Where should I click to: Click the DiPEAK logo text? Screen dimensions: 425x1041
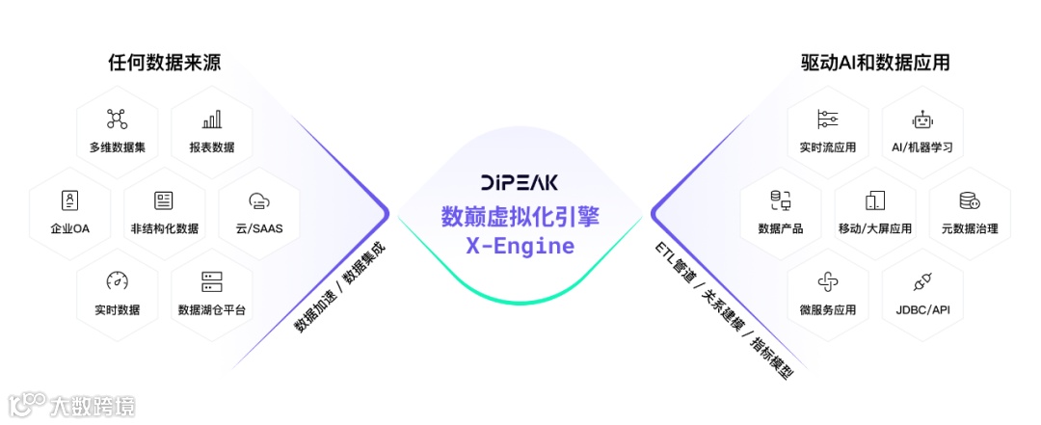[520, 181]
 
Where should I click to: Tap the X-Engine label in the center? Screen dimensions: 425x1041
[520, 246]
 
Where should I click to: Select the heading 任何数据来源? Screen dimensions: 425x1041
[164, 64]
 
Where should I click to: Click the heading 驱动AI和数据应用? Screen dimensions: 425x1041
[875, 64]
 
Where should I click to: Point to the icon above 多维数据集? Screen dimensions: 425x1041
[117, 120]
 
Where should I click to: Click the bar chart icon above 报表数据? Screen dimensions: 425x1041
[211, 120]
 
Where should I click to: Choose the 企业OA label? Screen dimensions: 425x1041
[69, 228]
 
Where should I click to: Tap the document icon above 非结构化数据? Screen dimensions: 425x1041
[164, 200]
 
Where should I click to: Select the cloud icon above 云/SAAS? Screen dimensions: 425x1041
[258, 200]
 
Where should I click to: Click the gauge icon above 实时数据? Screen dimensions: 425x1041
[117, 281]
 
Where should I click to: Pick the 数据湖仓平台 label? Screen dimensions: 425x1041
[211, 309]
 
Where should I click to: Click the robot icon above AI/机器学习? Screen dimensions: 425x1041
[922, 120]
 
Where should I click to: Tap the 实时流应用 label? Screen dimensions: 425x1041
[828, 147]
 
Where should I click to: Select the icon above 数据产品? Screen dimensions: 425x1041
[781, 200]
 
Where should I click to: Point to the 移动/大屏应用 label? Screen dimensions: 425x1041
[875, 228]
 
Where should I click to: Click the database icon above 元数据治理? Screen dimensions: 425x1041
[969, 200]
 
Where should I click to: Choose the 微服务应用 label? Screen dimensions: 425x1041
[828, 309]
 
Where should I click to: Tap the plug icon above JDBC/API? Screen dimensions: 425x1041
[922, 281]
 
